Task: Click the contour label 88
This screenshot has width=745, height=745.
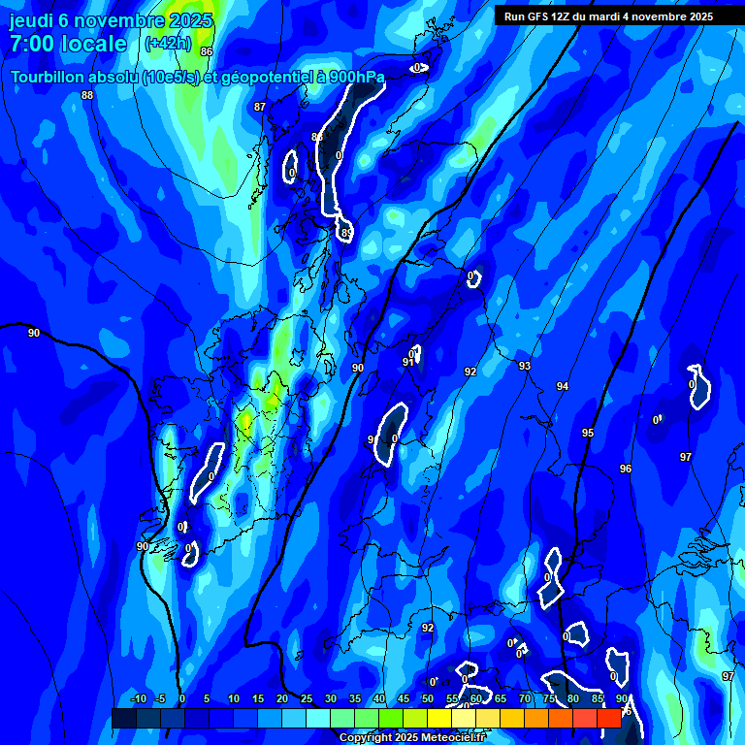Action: coord(87,95)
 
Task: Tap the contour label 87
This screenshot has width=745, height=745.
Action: coord(260,107)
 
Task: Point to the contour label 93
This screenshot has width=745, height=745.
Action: coord(525,366)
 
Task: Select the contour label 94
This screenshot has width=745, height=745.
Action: coord(563,386)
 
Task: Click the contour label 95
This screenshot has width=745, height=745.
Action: coord(588,433)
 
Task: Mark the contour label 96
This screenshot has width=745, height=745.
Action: coord(626,469)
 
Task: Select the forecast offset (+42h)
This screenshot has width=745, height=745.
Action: coord(167,44)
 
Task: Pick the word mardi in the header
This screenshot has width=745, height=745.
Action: coord(616,16)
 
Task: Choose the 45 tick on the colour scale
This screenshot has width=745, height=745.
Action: coord(404,698)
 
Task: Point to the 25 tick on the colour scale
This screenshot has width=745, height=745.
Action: coord(307,698)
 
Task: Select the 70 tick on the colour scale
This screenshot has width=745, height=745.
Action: coord(525,698)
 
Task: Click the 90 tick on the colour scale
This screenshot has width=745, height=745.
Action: coord(622,698)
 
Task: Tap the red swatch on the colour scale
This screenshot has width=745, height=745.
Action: coord(609,717)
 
